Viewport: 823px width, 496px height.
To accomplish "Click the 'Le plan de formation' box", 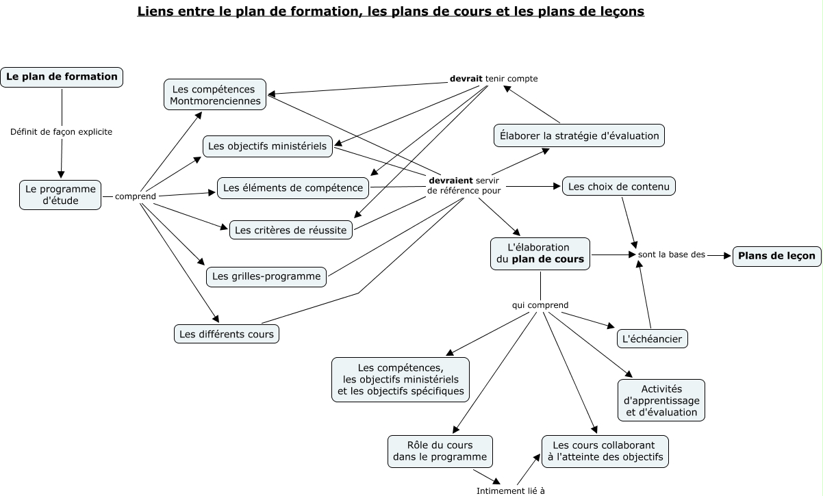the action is click(62, 77).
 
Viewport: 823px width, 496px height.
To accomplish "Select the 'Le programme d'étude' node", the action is click(60, 195).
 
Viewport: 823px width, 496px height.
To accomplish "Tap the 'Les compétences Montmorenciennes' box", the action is click(215, 94).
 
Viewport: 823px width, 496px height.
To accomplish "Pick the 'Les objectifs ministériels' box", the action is click(268, 146).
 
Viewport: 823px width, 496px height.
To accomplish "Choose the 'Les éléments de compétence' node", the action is click(293, 188).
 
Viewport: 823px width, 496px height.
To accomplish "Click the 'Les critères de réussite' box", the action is click(290, 230).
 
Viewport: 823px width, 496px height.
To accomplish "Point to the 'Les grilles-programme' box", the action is click(266, 276).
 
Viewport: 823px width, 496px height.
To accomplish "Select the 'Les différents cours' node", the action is click(227, 334).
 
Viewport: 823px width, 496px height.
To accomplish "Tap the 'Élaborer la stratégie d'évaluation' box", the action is click(579, 136).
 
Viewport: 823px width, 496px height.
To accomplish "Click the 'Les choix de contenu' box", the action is click(619, 187).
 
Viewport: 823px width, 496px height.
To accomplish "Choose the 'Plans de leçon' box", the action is click(776, 256).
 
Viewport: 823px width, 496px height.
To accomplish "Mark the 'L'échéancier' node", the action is click(652, 339).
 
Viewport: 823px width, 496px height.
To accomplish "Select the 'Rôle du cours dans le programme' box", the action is click(440, 452).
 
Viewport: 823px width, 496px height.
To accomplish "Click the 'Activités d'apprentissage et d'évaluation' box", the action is click(661, 400).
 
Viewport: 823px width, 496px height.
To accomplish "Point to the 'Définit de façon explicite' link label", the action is click(62, 132).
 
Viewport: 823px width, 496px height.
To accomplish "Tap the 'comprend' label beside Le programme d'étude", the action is click(136, 196).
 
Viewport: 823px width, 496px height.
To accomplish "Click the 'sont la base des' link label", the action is click(672, 254).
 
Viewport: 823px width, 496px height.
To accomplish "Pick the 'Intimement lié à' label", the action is click(510, 491).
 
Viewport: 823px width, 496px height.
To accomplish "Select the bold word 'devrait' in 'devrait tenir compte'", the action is click(466, 79).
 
